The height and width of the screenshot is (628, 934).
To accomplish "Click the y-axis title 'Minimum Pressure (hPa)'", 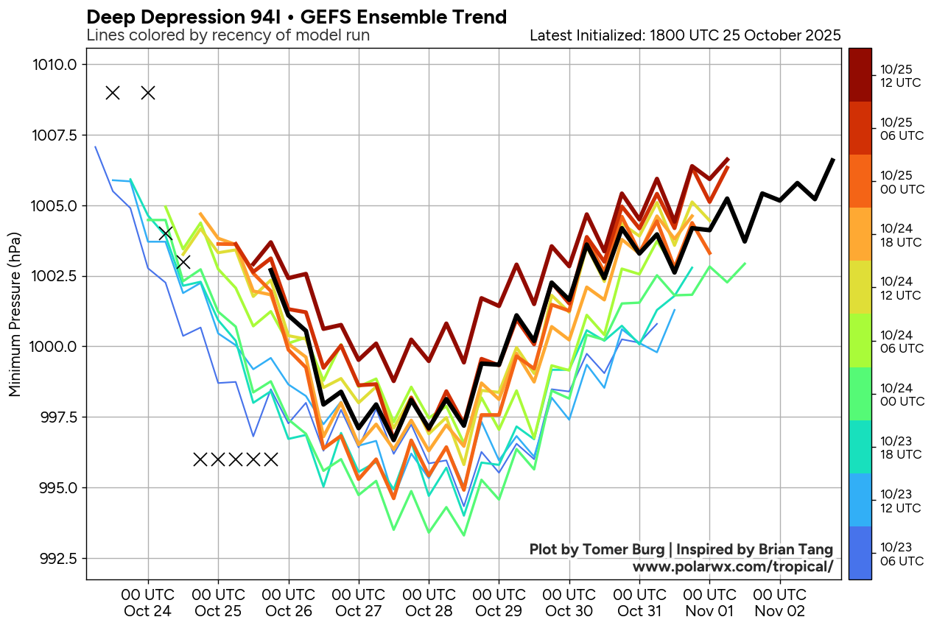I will click(x=15, y=314).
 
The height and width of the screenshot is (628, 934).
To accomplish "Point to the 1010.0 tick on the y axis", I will click(x=55, y=65).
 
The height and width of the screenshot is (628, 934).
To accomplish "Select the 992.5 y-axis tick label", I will click(x=55, y=558).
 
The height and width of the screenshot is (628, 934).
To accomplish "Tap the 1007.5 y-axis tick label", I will click(x=55, y=135).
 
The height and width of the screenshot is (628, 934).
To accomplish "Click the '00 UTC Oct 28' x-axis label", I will click(x=429, y=601).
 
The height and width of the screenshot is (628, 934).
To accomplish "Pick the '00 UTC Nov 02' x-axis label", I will click(x=780, y=601).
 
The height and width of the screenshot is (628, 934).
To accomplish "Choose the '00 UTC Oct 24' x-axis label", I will click(x=148, y=601).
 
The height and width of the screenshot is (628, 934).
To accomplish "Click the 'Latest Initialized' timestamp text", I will click(x=685, y=35).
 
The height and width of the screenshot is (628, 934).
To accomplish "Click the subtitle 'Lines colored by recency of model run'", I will click(x=228, y=35).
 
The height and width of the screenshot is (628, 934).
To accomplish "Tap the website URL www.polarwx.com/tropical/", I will click(x=732, y=566).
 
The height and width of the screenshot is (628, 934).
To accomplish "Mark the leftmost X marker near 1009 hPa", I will click(x=113, y=93).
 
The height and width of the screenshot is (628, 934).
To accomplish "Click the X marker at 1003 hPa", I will click(x=183, y=261).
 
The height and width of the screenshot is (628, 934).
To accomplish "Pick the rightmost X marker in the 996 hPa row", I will click(x=271, y=459).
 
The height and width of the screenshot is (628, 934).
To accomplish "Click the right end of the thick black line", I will click(x=833, y=159).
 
